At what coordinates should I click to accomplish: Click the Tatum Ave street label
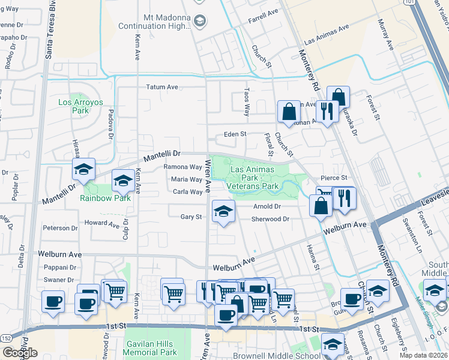(x=163, y=87)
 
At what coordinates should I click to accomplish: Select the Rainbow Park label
(x=106, y=198)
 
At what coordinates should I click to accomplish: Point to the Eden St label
(x=235, y=134)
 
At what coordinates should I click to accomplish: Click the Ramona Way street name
(x=183, y=167)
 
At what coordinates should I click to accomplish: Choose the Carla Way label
(x=187, y=192)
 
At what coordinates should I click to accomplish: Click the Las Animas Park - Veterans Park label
(x=255, y=178)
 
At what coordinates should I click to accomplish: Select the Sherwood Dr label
(x=270, y=220)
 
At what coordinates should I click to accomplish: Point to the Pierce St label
(x=334, y=178)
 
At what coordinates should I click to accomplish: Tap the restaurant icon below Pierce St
(x=344, y=199)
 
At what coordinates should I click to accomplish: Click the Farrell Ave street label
(x=264, y=12)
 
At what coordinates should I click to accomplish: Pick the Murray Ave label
(x=384, y=35)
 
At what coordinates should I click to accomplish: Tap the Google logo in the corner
(x=20, y=353)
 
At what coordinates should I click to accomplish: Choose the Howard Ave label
(x=102, y=223)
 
